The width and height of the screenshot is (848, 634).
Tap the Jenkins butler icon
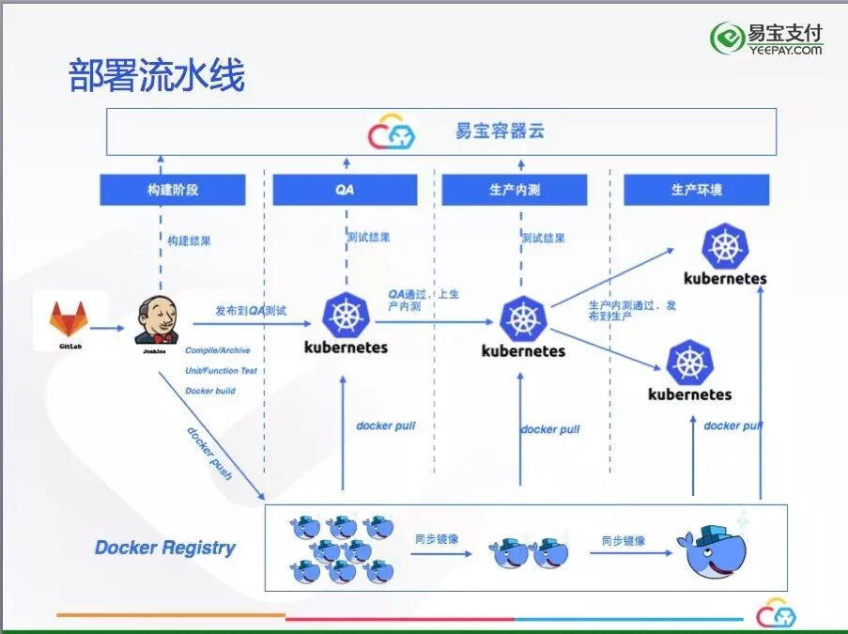click(x=156, y=319)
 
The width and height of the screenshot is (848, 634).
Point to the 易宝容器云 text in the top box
click(x=499, y=131)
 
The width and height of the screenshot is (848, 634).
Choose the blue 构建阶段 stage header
click(x=173, y=190)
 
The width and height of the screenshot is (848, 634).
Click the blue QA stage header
click(x=345, y=190)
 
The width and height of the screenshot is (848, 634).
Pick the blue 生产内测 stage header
click(x=515, y=190)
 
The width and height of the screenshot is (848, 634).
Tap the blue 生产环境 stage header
click(x=696, y=190)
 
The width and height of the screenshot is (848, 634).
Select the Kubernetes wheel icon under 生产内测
click(x=522, y=319)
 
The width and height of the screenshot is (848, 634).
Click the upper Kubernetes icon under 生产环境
click(x=725, y=246)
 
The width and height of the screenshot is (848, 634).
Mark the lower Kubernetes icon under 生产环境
click(x=690, y=363)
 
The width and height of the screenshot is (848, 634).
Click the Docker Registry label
click(x=165, y=548)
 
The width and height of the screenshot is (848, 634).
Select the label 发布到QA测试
click(x=251, y=310)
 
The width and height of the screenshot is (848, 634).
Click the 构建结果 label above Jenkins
click(x=190, y=241)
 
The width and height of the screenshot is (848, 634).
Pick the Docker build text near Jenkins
click(x=210, y=391)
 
